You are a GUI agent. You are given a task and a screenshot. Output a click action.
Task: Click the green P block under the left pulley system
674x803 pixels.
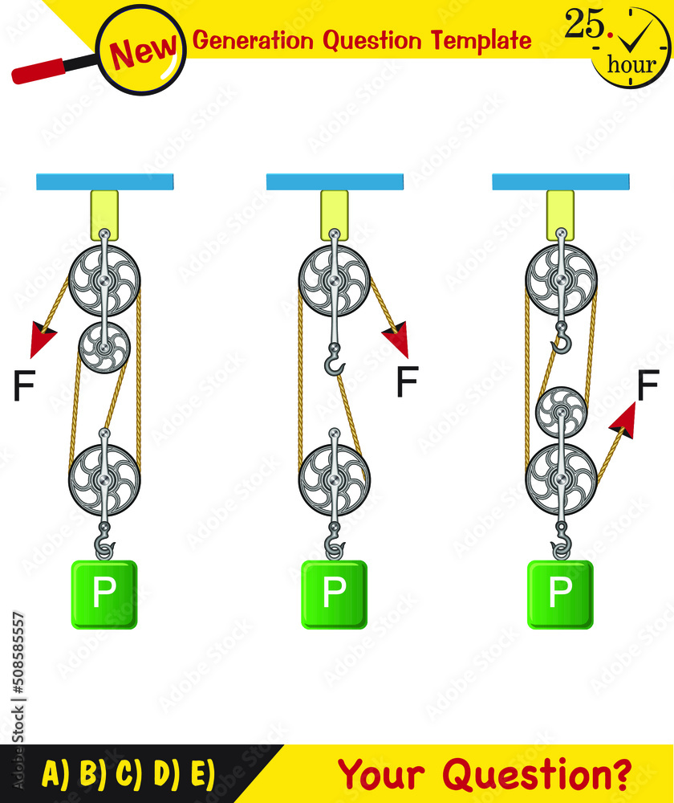(x=104, y=594)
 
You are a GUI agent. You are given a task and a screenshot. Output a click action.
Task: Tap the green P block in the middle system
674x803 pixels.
(x=334, y=594)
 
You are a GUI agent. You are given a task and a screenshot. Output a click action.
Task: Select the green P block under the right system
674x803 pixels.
(x=560, y=594)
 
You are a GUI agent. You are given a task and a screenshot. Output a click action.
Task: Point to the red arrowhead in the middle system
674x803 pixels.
(x=397, y=338)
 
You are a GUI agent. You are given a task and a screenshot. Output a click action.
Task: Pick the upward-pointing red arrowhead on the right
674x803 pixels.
(x=623, y=421)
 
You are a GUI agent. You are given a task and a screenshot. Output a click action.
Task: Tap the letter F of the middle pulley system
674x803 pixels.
(x=408, y=382)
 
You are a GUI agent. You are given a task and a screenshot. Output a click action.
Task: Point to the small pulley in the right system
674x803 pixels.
(x=561, y=412)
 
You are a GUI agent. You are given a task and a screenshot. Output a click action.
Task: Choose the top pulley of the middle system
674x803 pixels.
(x=334, y=281)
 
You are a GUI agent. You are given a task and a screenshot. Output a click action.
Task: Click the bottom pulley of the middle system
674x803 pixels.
(x=334, y=480)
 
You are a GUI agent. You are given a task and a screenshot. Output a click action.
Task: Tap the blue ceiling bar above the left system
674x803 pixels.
(x=105, y=181)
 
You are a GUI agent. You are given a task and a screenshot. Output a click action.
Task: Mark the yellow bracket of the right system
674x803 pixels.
(x=561, y=214)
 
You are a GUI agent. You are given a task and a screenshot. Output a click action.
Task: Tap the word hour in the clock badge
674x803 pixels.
(x=631, y=64)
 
